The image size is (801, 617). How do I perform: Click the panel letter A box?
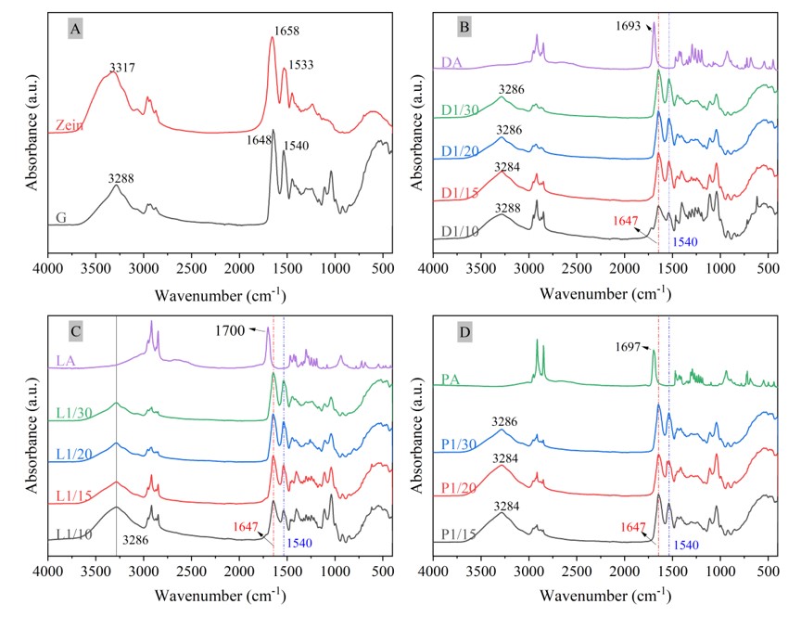coord(76,30)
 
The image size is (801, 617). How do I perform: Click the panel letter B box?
coord(464,28)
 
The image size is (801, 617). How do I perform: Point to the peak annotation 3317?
coord(122,67)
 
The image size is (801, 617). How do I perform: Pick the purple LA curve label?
coord(65,362)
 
